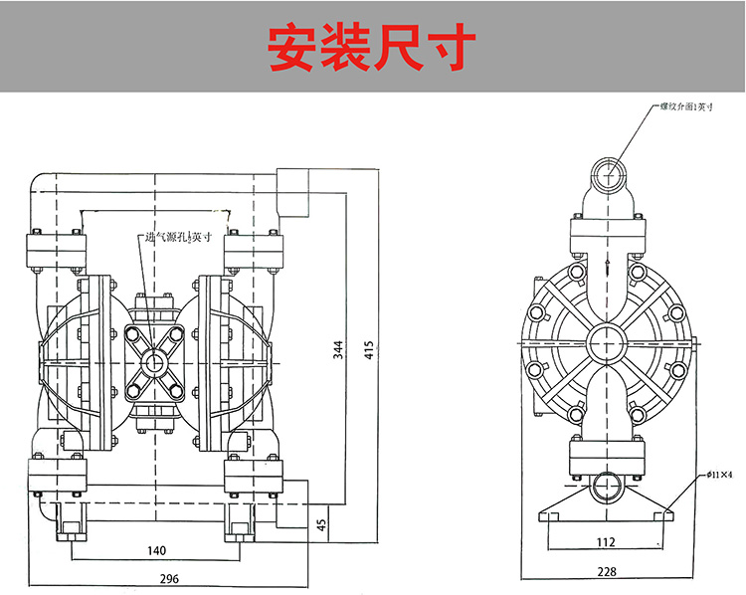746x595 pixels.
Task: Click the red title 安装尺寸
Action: pyautogui.click(x=373, y=47)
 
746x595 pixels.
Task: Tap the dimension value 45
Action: pyautogui.click(x=321, y=523)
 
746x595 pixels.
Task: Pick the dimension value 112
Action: pyautogui.click(x=606, y=542)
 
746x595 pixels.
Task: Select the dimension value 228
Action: pyautogui.click(x=606, y=571)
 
